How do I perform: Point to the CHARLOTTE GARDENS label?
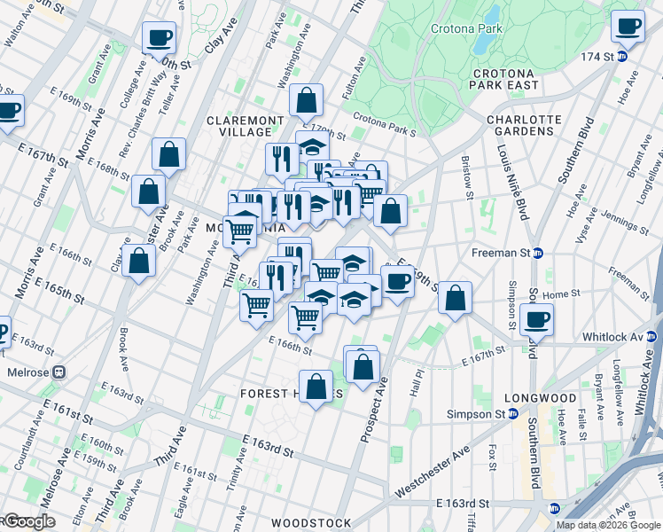click(x=524, y=126)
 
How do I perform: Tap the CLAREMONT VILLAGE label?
click(x=246, y=126)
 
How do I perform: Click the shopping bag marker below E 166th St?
click(x=316, y=387)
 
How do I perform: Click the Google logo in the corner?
click(x=29, y=521)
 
